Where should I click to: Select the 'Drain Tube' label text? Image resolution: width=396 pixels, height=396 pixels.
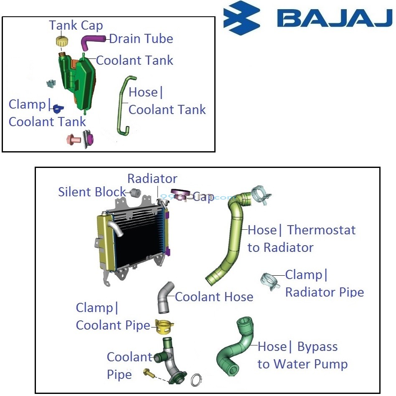pos(141,39)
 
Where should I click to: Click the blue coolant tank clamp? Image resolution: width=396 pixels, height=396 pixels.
pos(58,108)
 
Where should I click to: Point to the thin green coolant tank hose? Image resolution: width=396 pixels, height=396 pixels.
pos(122,104)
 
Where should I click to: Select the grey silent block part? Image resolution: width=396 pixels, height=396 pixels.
pos(135,193)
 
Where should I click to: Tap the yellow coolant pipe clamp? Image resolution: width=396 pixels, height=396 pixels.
pos(164,327)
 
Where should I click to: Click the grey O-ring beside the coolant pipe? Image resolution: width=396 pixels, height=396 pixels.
pos(196,380)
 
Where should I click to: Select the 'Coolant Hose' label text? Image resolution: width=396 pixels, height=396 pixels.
pos(214,297)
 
